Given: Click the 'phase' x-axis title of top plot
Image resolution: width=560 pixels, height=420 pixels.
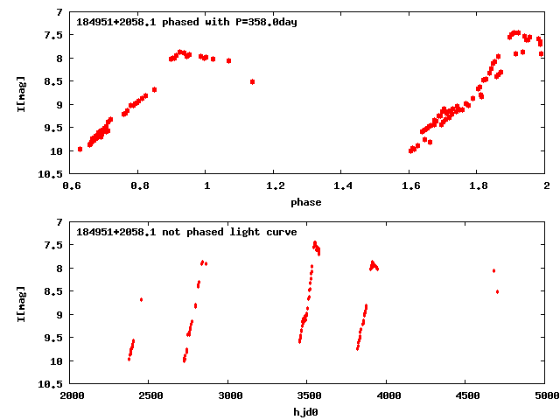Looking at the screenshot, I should tap(306, 202).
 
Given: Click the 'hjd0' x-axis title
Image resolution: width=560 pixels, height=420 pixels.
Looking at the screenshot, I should tap(306, 411).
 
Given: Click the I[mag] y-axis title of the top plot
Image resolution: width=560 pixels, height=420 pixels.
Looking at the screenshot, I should tap(21, 93).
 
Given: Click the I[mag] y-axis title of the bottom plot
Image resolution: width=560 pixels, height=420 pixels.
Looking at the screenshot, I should tap(21, 302).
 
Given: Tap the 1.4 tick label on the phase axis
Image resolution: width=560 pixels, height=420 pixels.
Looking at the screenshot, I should tap(342, 186).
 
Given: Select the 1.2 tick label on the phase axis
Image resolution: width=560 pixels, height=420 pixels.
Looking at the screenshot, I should tap(274, 186).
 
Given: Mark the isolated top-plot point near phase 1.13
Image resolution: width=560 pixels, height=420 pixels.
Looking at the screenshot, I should tap(252, 81).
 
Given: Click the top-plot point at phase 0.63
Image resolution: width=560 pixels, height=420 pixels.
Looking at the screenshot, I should tap(80, 149).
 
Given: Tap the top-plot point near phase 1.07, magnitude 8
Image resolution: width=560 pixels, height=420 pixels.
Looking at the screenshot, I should tap(228, 60).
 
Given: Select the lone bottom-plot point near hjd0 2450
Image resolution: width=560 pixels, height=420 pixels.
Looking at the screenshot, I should tap(141, 299).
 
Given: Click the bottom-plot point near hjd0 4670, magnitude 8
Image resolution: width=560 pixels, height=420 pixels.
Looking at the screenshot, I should tap(493, 270).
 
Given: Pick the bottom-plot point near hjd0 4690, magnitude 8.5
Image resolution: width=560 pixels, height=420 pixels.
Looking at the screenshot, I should tap(497, 291).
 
